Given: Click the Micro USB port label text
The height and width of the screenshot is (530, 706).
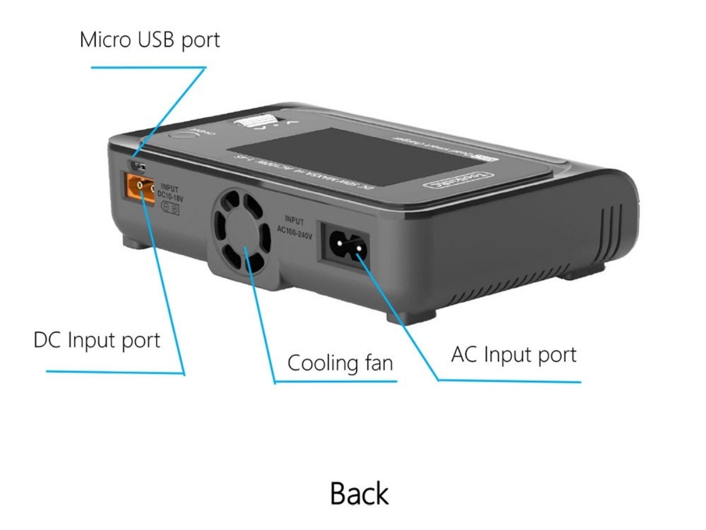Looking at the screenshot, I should [x=149, y=40].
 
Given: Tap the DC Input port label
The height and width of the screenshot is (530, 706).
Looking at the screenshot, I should [x=96, y=340].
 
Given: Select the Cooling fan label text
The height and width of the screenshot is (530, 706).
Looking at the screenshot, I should [x=339, y=363].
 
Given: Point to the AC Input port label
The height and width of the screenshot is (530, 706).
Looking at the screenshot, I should [x=514, y=355].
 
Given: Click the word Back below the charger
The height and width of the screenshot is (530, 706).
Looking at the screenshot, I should [x=359, y=493].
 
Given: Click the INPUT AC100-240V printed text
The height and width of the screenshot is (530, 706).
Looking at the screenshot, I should [x=294, y=227].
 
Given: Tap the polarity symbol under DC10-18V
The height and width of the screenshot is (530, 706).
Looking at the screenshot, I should [x=171, y=209].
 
